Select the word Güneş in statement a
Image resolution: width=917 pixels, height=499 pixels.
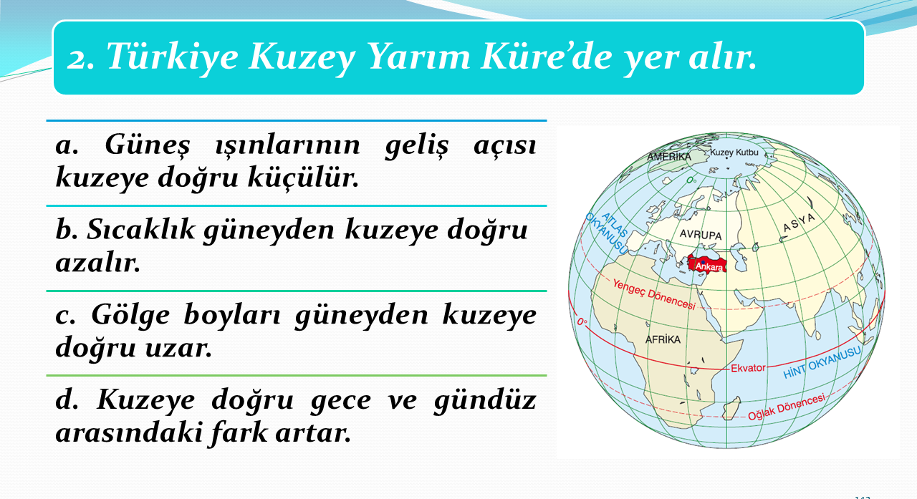pos(148,145)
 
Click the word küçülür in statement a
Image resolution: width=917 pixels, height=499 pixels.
pos(303,178)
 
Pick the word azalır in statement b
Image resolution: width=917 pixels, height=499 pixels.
pos(98,262)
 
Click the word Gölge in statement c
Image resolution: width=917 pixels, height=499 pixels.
pos(130,316)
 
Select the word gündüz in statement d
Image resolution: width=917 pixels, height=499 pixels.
pos(485,401)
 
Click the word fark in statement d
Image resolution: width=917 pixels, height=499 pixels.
pos(237,432)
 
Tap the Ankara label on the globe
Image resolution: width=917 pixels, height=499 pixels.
pos(709,267)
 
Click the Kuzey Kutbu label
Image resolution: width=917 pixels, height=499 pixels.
pos(734,152)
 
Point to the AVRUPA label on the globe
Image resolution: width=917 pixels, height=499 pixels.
pos(701,235)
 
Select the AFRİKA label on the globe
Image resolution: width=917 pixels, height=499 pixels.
pos(663,339)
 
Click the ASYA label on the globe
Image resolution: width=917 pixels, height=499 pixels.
pos(799,223)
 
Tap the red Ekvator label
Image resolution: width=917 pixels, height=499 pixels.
pos(748,368)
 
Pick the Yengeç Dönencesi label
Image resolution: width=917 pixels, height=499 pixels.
pos(654,294)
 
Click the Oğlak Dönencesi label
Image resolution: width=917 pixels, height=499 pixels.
pos(787,407)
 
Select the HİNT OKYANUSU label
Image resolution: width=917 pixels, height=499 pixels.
pos(822,362)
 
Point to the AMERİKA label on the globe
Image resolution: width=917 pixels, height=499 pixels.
pos(669,157)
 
